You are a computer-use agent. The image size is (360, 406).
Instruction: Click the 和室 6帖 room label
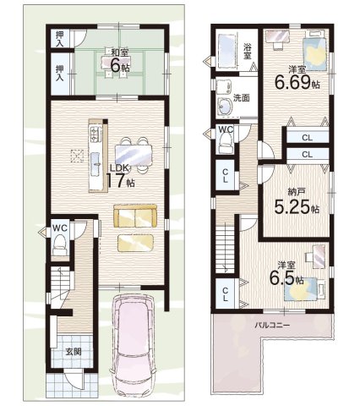click(x=116, y=62)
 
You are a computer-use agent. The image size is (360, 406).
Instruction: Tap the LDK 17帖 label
click(x=121, y=176)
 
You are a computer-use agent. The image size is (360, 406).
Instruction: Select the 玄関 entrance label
click(x=74, y=352)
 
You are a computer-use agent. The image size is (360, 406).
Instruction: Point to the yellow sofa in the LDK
click(x=135, y=216)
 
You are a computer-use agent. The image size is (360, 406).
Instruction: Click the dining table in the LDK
click(x=134, y=156)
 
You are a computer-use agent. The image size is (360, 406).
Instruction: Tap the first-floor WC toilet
click(x=60, y=243)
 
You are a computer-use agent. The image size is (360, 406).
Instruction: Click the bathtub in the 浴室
click(x=226, y=51)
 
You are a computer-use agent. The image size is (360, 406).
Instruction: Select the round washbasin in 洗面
click(x=225, y=107)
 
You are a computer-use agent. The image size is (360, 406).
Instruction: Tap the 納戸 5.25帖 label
click(x=297, y=202)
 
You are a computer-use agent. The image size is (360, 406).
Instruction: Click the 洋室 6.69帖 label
click(x=297, y=77)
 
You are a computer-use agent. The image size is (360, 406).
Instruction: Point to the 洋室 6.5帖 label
click(x=286, y=273)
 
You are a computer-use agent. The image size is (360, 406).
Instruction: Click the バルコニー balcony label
click(x=272, y=326)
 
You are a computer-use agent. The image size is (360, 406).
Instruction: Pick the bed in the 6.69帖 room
click(x=314, y=52)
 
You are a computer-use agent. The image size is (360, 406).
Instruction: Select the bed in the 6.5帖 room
click(x=304, y=288)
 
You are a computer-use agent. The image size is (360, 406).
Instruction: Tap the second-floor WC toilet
click(x=226, y=142)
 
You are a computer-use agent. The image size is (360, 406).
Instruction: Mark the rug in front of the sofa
click(x=136, y=243)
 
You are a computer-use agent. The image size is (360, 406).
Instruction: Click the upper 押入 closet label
click(x=59, y=38)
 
